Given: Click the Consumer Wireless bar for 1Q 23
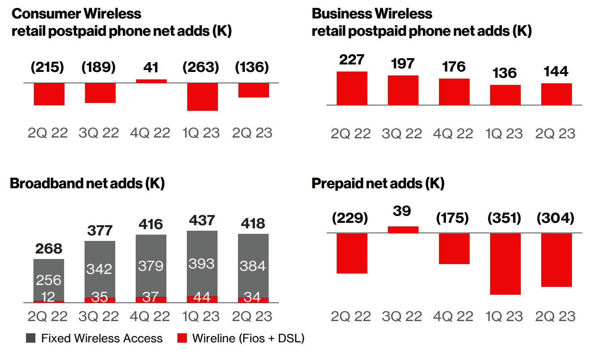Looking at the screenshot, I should pos(203,97).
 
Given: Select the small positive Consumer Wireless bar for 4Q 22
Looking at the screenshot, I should pos(151,81).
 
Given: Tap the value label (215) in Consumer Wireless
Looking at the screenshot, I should pos(48,67).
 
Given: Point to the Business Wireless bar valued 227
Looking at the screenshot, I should pos(352,88).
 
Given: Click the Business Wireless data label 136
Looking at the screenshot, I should pos(505,73).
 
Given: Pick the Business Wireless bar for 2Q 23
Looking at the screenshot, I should pos(557,94).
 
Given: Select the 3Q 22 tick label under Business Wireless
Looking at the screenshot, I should pos(402,134).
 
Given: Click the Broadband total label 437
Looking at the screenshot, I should pos(202,220).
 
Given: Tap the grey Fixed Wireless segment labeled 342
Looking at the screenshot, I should pos(100,269).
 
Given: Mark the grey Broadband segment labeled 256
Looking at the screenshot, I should pos(49,279).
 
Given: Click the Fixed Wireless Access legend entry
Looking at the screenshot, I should pos(94,338).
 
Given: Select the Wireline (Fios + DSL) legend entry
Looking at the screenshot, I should pos(241,338).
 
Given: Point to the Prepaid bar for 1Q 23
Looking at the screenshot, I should pos(505,264).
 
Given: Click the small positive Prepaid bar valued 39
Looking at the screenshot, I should pos(403,230).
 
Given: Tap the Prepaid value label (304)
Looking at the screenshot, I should pos(555,218).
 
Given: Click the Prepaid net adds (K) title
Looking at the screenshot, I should pos(378,184).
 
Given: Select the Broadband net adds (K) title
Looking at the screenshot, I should pos(87,184).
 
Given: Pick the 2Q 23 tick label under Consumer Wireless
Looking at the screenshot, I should pos(252,133).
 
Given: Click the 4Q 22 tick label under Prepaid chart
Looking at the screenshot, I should pos(453,316).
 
